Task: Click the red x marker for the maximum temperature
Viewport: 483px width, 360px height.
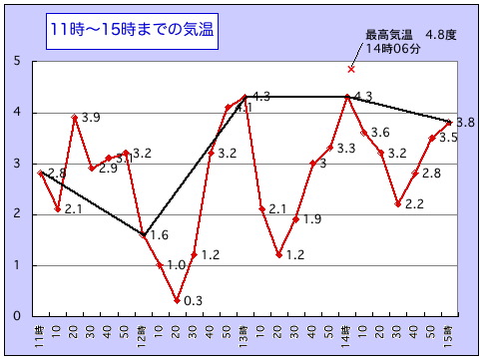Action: click(351, 69)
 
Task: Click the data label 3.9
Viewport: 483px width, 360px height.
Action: click(92, 118)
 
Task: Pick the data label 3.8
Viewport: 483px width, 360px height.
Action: click(465, 123)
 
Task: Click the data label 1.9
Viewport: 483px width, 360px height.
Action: click(312, 219)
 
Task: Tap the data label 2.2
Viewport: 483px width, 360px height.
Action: click(414, 203)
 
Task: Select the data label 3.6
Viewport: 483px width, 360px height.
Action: click(380, 133)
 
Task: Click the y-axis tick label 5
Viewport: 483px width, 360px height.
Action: click(18, 62)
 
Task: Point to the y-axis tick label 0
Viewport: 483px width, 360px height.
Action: click(18, 316)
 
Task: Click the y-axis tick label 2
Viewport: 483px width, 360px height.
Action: click(18, 214)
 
